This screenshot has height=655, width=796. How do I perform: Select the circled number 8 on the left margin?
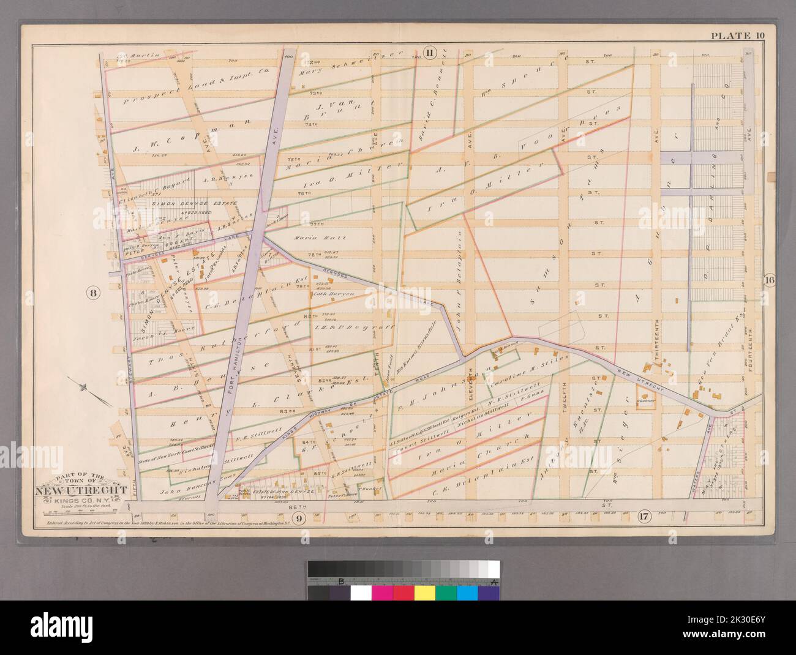[x=93, y=293]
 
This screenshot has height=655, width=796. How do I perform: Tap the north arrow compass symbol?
[x=84, y=387]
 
